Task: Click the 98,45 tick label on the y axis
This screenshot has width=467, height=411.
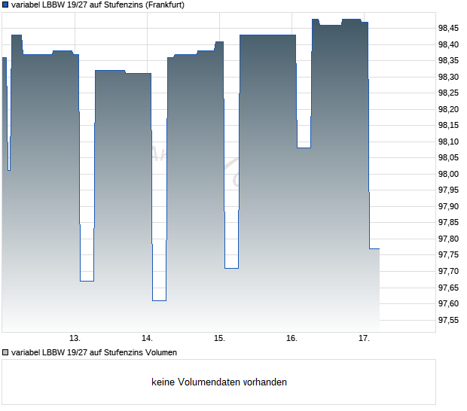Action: pyautogui.click(x=448, y=29)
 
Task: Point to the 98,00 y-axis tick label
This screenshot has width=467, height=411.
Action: pyautogui.click(x=448, y=174)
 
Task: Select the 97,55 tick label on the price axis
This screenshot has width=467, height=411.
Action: pyautogui.click(x=448, y=320)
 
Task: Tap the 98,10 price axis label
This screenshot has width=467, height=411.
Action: pyautogui.click(x=448, y=142)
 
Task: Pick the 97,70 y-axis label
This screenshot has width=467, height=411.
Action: pyautogui.click(x=448, y=271)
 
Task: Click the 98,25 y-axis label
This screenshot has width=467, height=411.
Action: pyautogui.click(x=448, y=93)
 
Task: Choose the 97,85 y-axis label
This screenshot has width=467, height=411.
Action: pyautogui.click(x=448, y=223)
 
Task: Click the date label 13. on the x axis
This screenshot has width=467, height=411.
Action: pyautogui.click(x=75, y=338)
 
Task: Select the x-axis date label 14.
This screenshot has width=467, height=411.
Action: pyautogui.click(x=147, y=338)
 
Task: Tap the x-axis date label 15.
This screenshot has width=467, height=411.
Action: pyautogui.click(x=219, y=338)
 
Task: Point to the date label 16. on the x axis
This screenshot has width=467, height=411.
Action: pyautogui.click(x=291, y=338)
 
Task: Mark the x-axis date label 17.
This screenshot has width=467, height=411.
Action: pyautogui.click(x=364, y=338)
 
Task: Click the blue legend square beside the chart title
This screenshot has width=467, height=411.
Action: pyautogui.click(x=5, y=5)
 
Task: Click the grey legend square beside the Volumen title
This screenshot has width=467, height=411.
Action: pyautogui.click(x=5, y=352)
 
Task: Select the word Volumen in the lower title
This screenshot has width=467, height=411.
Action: pyautogui.click(x=160, y=352)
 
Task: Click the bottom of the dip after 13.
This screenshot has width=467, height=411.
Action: pyautogui.click(x=87, y=281)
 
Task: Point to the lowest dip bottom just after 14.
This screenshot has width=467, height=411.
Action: pyautogui.click(x=159, y=300)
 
